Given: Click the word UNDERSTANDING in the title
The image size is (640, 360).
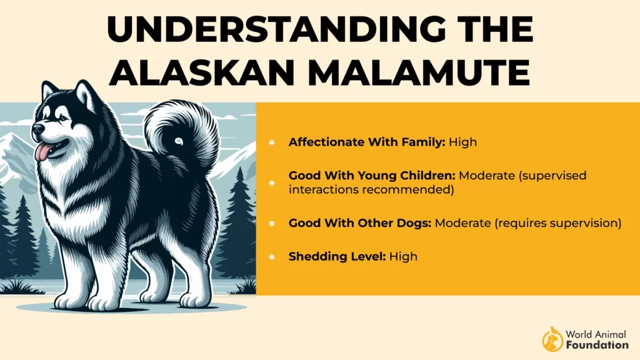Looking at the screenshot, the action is tap(276, 29).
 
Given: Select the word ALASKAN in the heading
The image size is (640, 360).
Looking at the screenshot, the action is tap(202, 72).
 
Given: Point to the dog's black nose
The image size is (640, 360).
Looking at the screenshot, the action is tap(38, 129).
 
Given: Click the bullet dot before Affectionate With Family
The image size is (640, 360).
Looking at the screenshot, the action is tap(272, 142).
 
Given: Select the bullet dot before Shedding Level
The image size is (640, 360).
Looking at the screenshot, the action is tap(272, 257).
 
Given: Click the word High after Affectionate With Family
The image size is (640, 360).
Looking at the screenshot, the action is tap(463, 142).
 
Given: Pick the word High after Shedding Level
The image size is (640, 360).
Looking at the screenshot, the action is tap(403, 256).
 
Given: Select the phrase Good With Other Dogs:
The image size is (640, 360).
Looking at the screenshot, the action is tap(359, 223).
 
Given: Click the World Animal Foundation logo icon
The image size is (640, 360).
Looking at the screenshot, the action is tap(552, 339).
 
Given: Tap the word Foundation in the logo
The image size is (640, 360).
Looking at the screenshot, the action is tap(597, 345).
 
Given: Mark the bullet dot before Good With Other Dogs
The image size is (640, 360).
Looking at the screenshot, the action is tap(272, 223).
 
